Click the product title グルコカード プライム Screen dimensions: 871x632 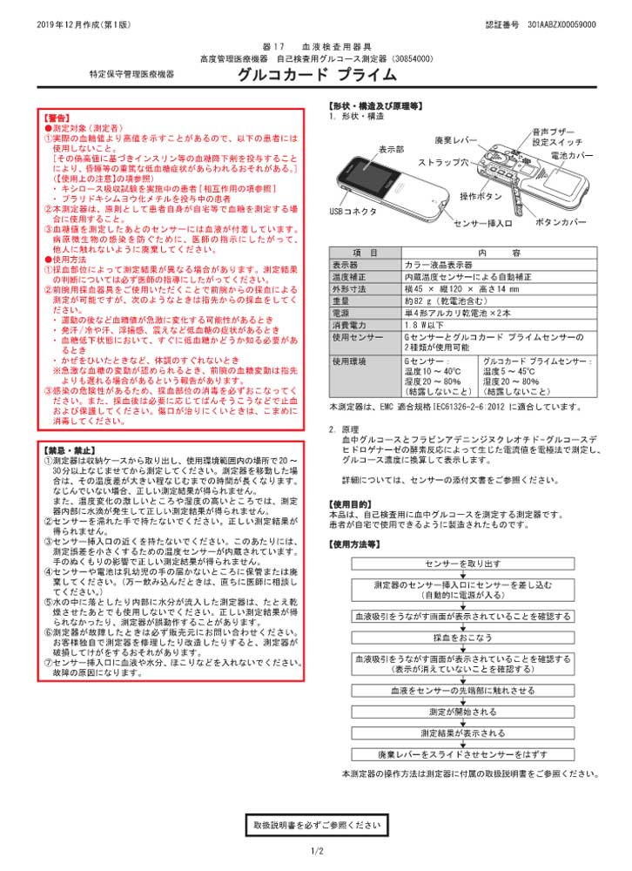click(306, 76)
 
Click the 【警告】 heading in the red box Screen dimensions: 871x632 click(57, 116)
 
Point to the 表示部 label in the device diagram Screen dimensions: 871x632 click(392, 150)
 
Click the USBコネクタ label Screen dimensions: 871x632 click(353, 211)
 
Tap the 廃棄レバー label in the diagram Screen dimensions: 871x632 click(456, 139)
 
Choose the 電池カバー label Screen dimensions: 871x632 click(596, 155)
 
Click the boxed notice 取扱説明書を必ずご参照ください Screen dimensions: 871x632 click(316, 824)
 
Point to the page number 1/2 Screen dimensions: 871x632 click(316, 851)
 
